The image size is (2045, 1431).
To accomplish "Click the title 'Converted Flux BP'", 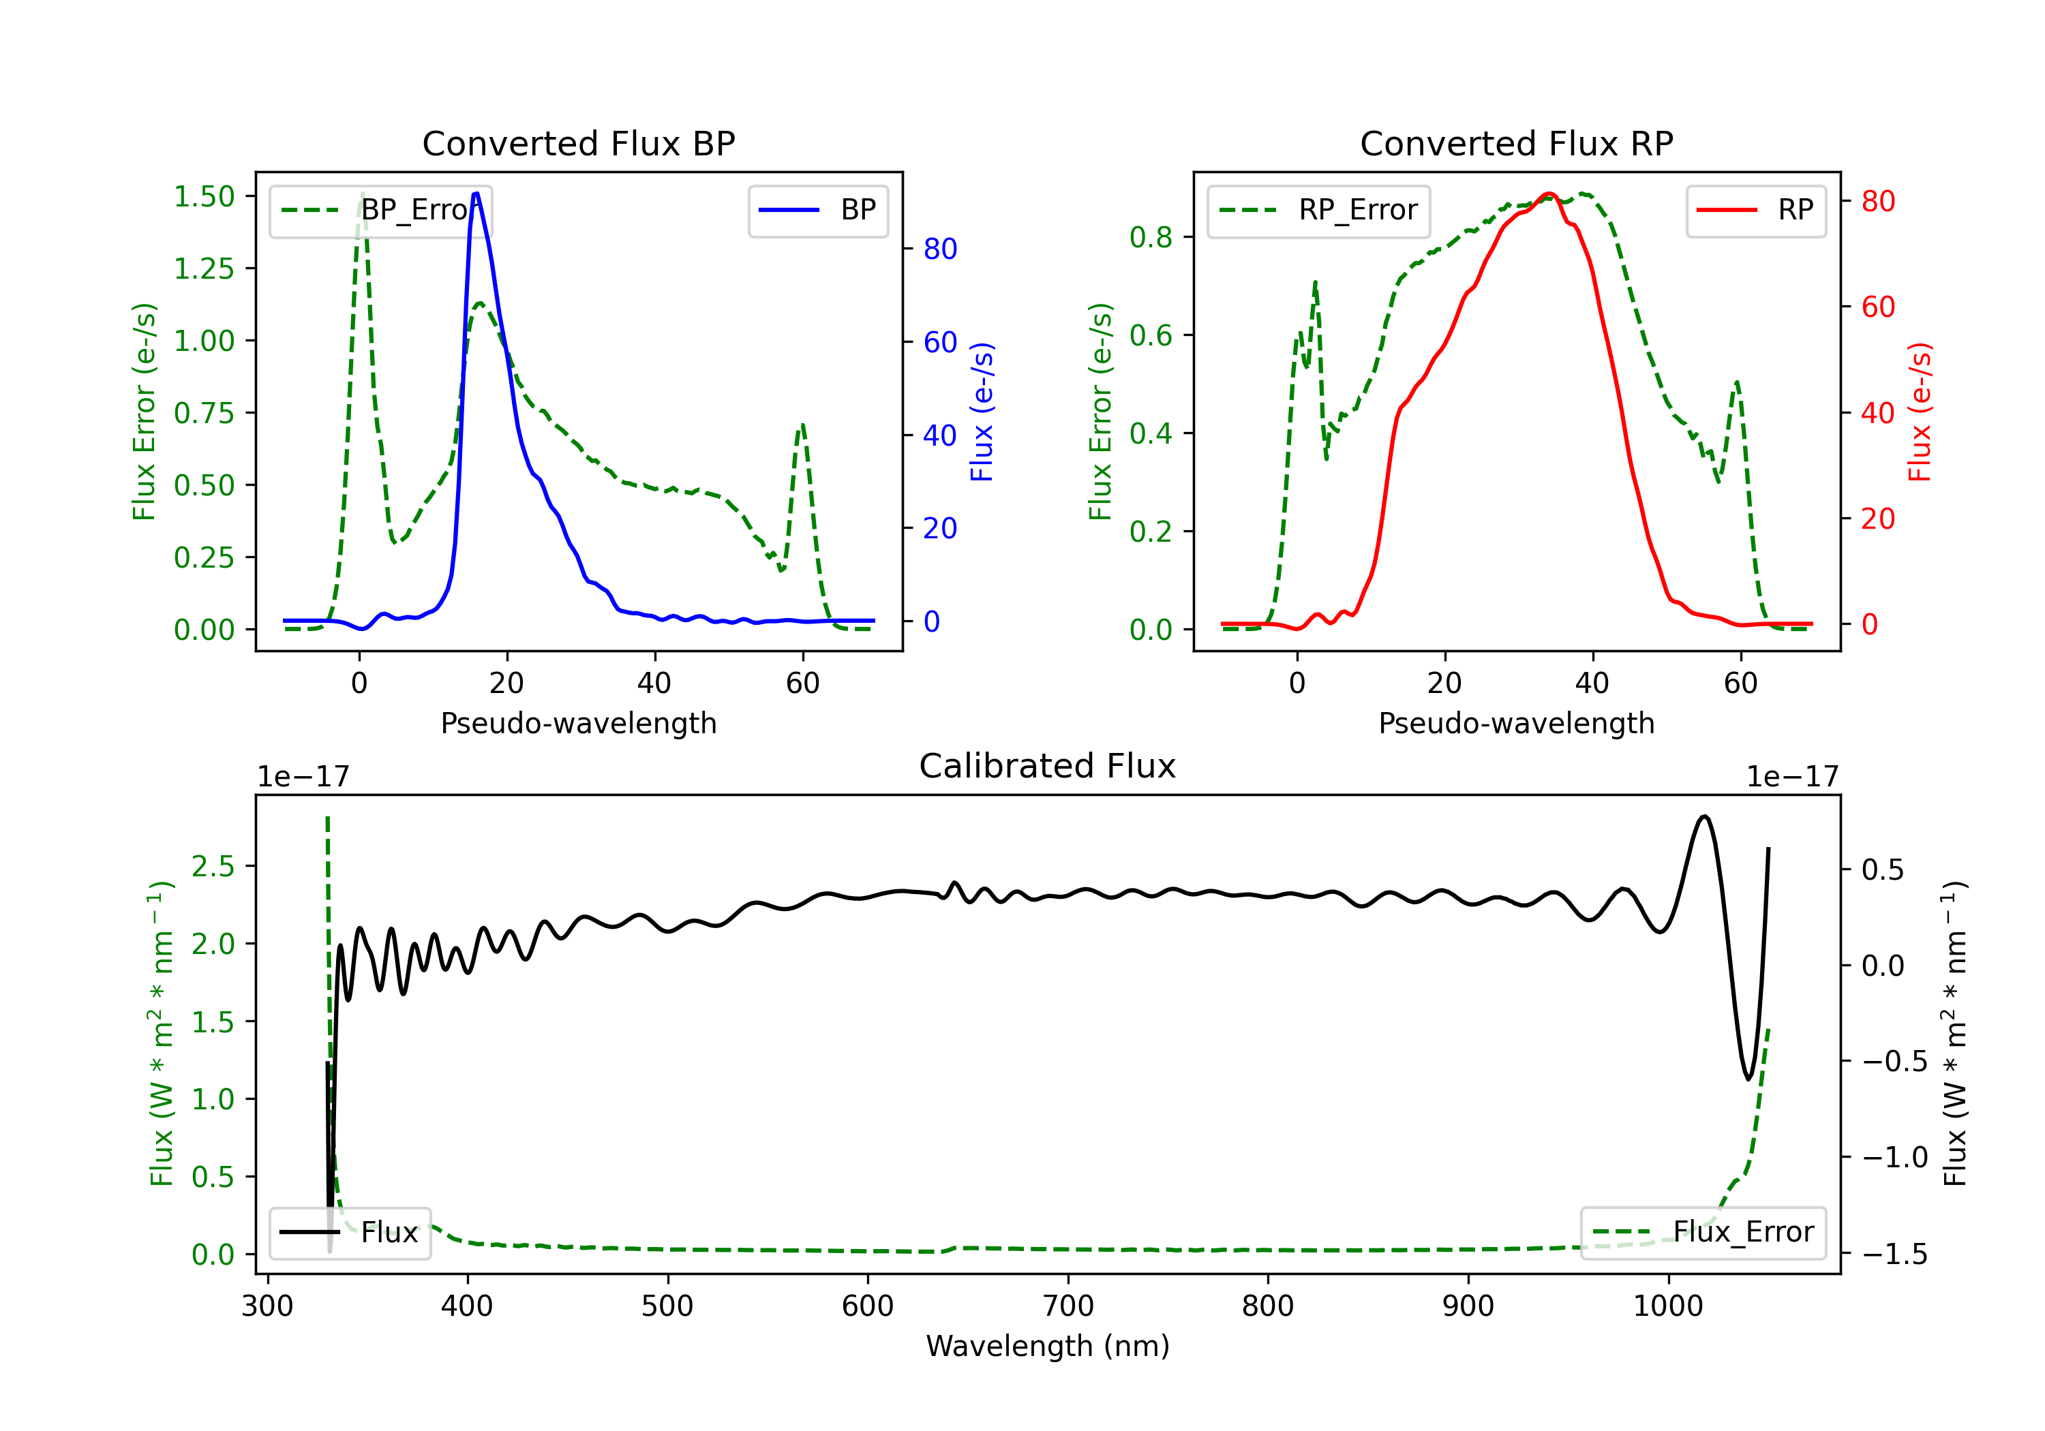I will pyautogui.click(x=578, y=143).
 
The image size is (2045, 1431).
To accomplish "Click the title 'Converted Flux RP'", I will pyautogui.click(x=1516, y=143).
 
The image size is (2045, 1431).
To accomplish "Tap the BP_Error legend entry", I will pyautogui.click(x=381, y=210).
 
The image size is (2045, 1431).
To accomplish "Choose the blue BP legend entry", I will pyautogui.click(x=817, y=210).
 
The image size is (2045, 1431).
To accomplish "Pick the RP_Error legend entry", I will pyautogui.click(x=1318, y=210).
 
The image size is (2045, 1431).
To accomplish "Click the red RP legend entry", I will pyautogui.click(x=1755, y=210).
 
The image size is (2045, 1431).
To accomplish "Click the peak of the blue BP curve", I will pyautogui.click(x=476, y=194).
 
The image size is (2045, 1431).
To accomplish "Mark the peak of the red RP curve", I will pyautogui.click(x=1549, y=194).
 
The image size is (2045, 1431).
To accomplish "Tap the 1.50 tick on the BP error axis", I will pyautogui.click(x=204, y=197).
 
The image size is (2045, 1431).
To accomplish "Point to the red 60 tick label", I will pyautogui.click(x=1877, y=307).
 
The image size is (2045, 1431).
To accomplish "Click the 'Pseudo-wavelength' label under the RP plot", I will pyautogui.click(x=1516, y=723).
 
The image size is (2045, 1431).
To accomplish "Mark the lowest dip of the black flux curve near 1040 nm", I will pyautogui.click(x=1748, y=1079).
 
